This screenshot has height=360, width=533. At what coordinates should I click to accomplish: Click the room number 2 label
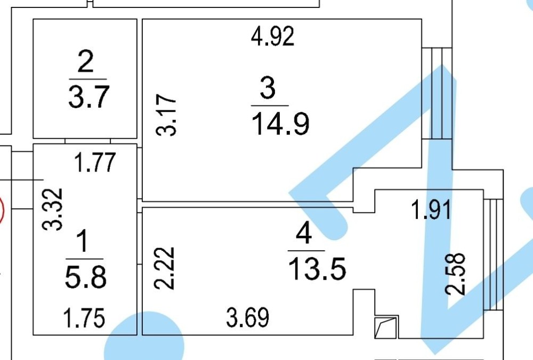pyautogui.click(x=85, y=63)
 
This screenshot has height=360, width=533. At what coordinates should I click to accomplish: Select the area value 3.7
pyautogui.click(x=88, y=96)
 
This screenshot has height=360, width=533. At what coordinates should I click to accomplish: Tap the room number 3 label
pyautogui.click(x=268, y=88)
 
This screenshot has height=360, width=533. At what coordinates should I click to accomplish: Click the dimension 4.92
pyautogui.click(x=272, y=37)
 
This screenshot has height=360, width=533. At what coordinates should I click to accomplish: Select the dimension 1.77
pyautogui.click(x=94, y=162)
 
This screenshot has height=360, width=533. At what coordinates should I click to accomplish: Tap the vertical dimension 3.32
pyautogui.click(x=53, y=209)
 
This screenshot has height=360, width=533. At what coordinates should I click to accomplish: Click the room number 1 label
pyautogui.click(x=84, y=243)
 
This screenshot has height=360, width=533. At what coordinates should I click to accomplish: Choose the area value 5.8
pyautogui.click(x=86, y=277)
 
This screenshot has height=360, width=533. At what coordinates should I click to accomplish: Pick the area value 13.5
pyautogui.click(x=317, y=268)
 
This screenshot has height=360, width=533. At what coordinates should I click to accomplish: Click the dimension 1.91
pyautogui.click(x=431, y=210)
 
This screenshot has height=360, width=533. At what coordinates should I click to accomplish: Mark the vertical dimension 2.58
pyautogui.click(x=458, y=274)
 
